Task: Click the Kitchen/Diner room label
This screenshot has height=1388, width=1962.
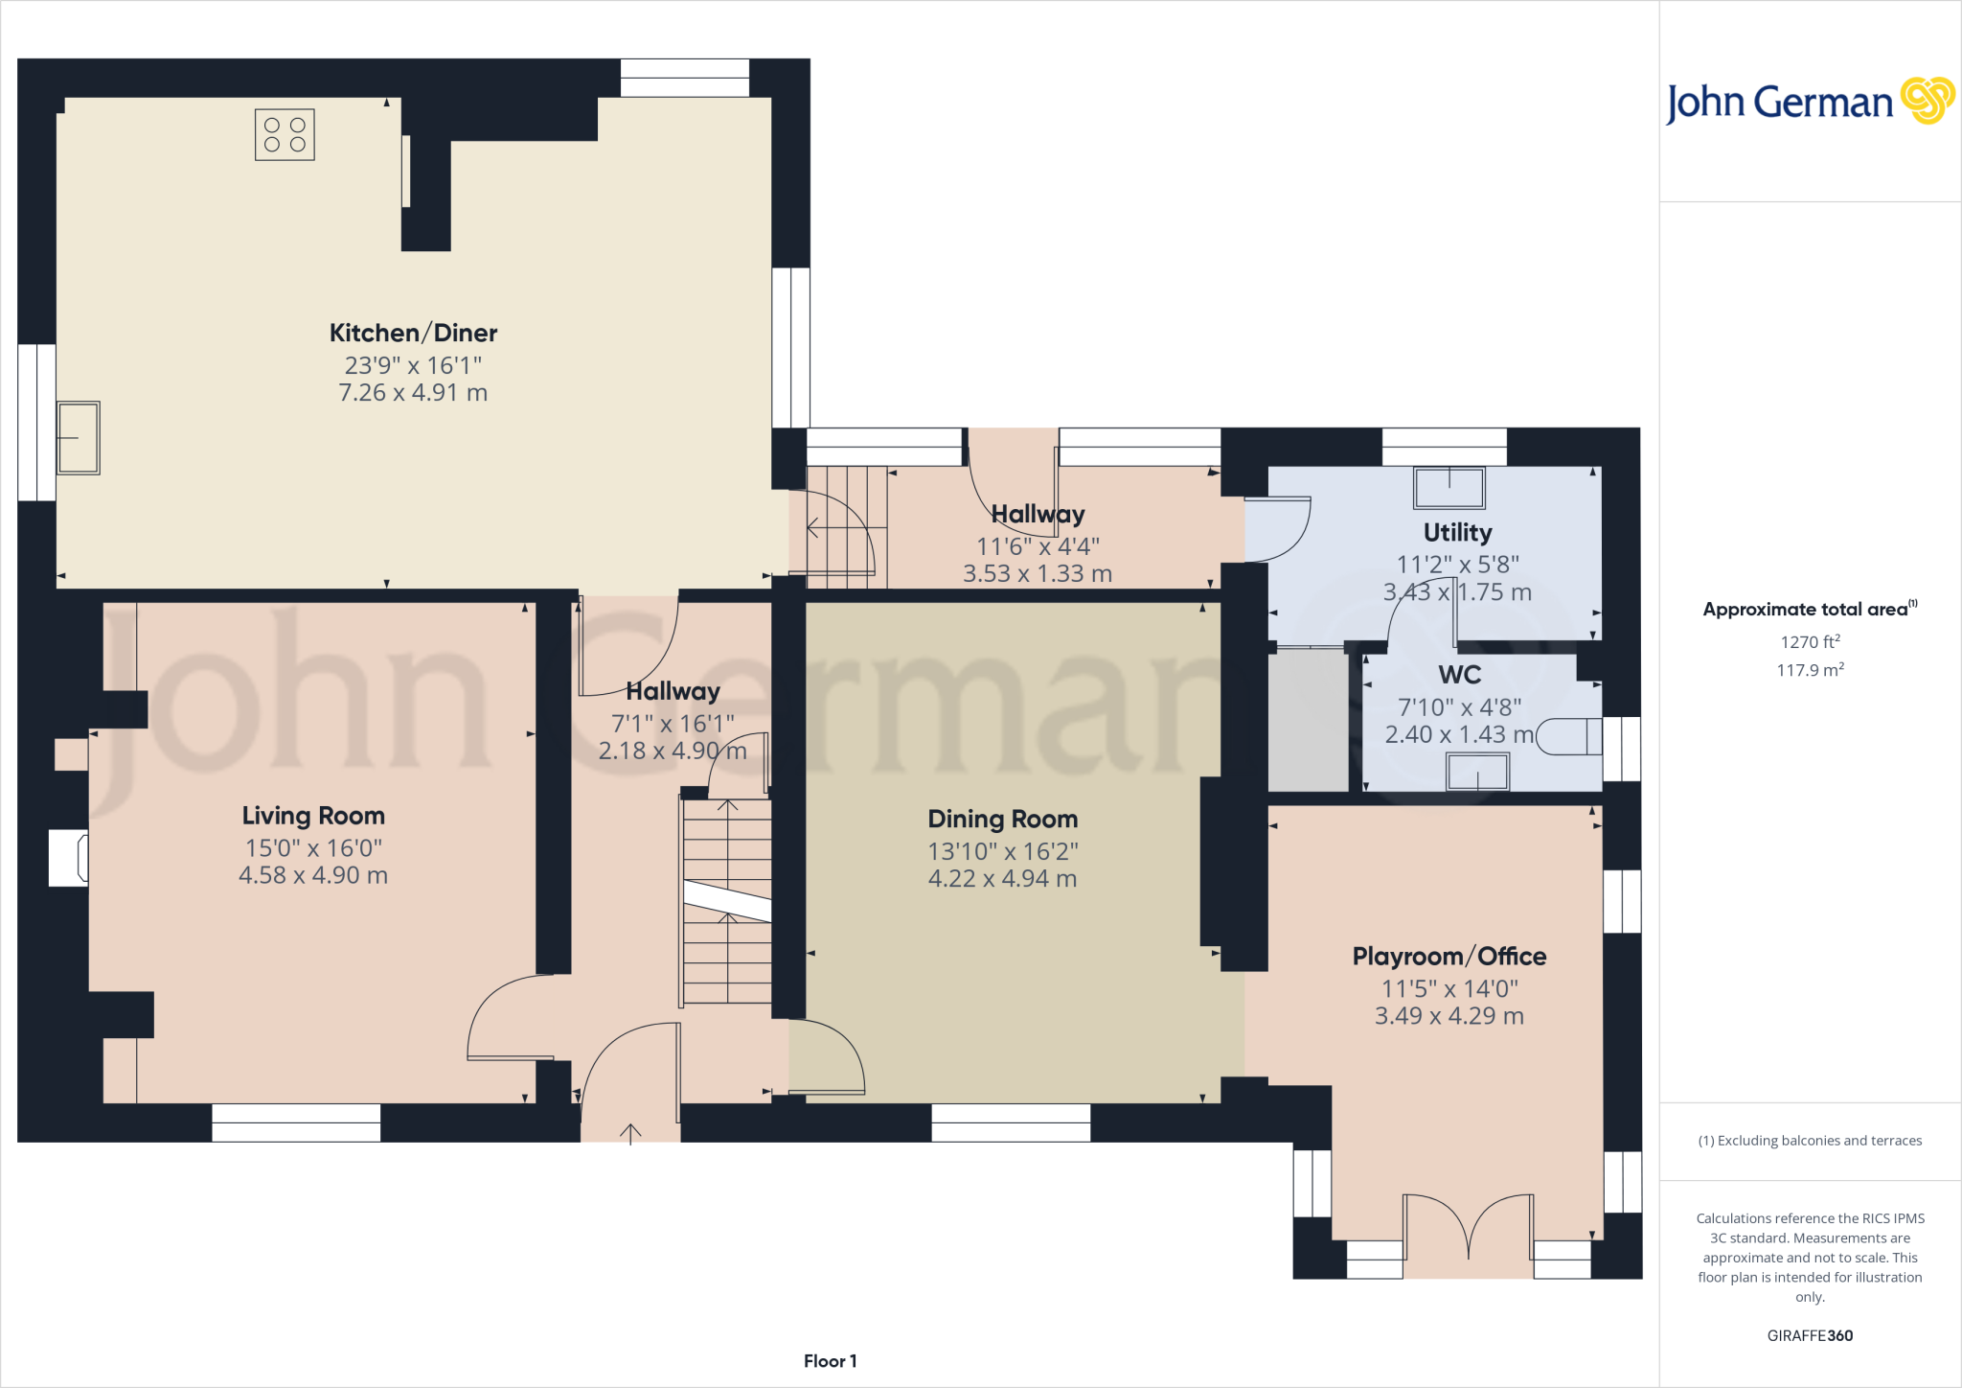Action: tap(413, 333)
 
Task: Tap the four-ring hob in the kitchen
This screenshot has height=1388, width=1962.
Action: tap(285, 134)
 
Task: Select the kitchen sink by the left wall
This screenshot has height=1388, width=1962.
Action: tap(79, 438)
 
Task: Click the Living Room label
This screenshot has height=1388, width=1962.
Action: tap(313, 816)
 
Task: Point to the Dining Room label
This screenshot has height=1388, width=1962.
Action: tap(1003, 820)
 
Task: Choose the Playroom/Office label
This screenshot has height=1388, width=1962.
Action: tap(1449, 957)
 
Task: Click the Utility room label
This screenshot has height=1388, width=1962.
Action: tap(1457, 533)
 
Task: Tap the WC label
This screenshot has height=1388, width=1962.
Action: tap(1460, 675)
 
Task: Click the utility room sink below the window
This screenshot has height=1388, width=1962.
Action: tap(1449, 488)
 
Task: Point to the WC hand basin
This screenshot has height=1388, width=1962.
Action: tap(1477, 772)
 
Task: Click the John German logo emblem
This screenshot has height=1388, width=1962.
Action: tap(1928, 101)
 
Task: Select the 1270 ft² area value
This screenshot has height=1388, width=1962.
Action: tap(1811, 641)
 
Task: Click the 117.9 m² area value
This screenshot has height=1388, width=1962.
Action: tap(1811, 669)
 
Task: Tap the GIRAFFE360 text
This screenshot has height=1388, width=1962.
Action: tap(1810, 1335)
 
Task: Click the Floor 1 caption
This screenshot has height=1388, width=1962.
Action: tap(831, 1361)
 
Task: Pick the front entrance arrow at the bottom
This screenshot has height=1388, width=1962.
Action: tap(630, 1133)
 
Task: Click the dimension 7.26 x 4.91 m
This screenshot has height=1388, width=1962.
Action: tap(413, 393)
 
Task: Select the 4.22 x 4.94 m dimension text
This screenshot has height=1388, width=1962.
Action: tap(1003, 879)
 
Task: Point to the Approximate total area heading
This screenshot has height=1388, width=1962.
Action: tap(1811, 609)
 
